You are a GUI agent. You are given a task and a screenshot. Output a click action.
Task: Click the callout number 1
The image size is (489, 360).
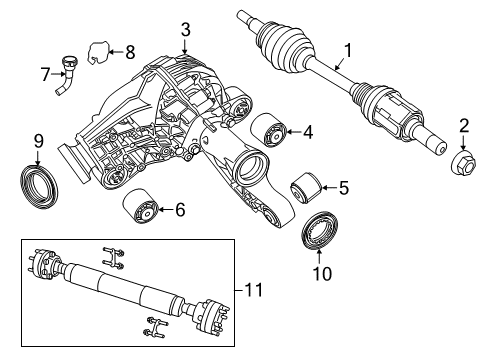pyautogui.click(x=347, y=49)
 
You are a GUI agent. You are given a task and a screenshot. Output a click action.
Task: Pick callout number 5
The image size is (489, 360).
pyautogui.click(x=343, y=186)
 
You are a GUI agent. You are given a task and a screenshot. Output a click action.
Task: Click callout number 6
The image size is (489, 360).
pyautogui.click(x=180, y=210)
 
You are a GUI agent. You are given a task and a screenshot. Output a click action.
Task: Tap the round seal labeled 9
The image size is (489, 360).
pyautogui.click(x=38, y=186)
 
